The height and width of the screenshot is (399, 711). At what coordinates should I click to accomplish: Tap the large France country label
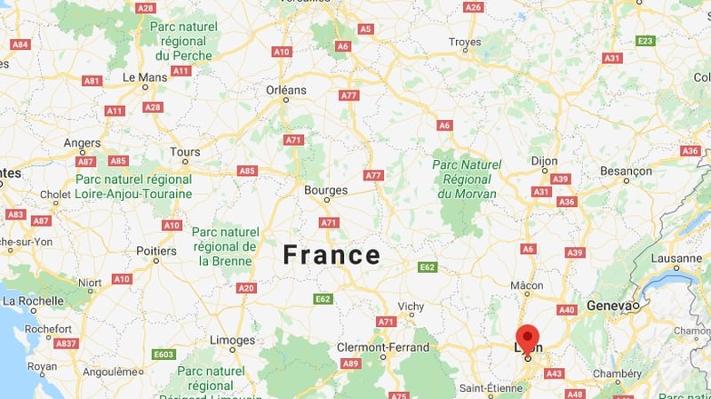coord(332,255)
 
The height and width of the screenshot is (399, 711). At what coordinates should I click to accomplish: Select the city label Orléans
coord(285,90)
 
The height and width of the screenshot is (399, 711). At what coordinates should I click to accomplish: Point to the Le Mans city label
coord(145,77)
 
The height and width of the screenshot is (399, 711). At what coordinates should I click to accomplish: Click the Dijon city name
coord(545,161)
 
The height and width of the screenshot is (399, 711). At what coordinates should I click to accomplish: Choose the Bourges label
coord(325,189)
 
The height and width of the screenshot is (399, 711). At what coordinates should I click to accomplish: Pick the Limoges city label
coord(232,340)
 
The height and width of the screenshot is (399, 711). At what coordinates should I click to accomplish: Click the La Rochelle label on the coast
coord(30,301)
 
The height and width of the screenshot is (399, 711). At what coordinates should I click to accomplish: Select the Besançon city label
coord(626,169)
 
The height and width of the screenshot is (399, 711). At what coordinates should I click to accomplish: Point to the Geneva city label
coord(610,306)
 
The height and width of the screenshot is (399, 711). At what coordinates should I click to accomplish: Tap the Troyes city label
coord(465,42)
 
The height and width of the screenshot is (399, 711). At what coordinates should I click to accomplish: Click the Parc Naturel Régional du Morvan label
coord(467,178)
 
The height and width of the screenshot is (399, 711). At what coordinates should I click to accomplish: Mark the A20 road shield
coord(246,287)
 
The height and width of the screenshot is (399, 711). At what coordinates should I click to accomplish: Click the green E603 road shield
coord(164,355)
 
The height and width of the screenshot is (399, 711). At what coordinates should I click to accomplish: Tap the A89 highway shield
coord(351,363)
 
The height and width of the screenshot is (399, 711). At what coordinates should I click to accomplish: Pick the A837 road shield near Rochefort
coord(66,343)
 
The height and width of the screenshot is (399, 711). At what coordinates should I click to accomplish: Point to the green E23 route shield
coord(645,41)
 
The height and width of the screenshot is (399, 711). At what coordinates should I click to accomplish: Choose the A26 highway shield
coord(474,7)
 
